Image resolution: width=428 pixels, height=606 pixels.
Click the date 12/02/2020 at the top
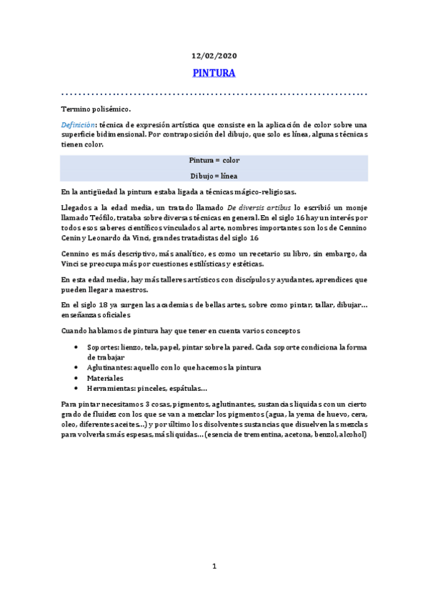[214, 55]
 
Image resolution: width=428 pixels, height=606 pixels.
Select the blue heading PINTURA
[214, 73]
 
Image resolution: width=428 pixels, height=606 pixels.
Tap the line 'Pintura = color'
[214, 160]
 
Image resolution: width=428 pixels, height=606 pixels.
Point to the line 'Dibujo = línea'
[214, 174]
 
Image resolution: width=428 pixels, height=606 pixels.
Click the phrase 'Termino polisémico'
[96, 109]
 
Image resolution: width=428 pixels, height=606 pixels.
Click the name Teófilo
[101, 217]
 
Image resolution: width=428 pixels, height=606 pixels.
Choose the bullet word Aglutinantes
[113, 367]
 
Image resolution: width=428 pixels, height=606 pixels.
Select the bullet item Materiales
[105, 378]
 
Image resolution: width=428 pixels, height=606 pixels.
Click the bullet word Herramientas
[116, 388]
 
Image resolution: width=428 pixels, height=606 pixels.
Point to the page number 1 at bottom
[214, 567]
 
